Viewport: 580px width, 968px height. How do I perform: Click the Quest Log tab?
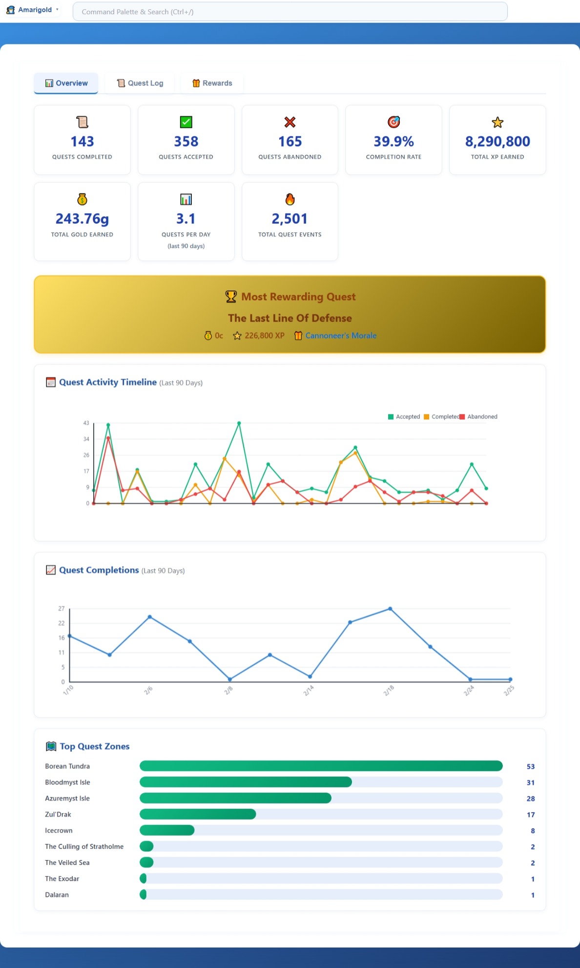pyautogui.click(x=140, y=83)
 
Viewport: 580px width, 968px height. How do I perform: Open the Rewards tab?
pyautogui.click(x=212, y=83)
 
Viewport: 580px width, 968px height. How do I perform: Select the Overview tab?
pyautogui.click(x=66, y=83)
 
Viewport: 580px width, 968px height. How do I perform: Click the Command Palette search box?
pyautogui.click(x=290, y=12)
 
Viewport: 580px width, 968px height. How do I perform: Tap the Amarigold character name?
pyautogui.click(x=35, y=10)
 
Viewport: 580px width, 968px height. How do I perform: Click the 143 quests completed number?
pyautogui.click(x=82, y=142)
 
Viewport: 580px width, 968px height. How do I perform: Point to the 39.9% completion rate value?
pyautogui.click(x=394, y=142)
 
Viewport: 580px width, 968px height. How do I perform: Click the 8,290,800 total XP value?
pyautogui.click(x=497, y=142)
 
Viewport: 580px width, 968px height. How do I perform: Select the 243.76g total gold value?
pyautogui.click(x=82, y=219)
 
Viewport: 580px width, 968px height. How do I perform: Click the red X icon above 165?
pyautogui.click(x=290, y=122)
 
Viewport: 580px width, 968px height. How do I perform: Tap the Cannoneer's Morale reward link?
pyautogui.click(x=341, y=335)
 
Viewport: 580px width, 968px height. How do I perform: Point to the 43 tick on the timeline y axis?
pyautogui.click(x=86, y=423)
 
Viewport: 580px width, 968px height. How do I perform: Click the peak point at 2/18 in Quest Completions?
pyautogui.click(x=390, y=609)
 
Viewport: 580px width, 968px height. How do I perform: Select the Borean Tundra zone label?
pyautogui.click(x=67, y=766)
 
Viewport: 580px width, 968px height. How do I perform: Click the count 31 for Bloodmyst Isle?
pyautogui.click(x=531, y=783)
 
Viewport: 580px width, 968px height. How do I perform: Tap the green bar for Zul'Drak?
pyautogui.click(x=198, y=814)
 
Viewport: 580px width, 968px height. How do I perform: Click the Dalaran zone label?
pyautogui.click(x=57, y=895)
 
